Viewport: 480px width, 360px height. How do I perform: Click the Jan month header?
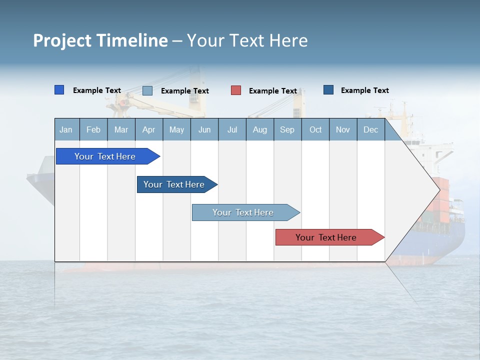pyautogui.click(x=66, y=129)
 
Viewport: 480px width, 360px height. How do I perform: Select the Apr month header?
pyautogui.click(x=149, y=129)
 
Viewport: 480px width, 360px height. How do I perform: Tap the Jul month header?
pyautogui.click(x=232, y=129)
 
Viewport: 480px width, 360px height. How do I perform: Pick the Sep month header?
pyautogui.click(x=287, y=129)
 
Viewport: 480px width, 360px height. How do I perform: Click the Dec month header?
pyautogui.click(x=370, y=129)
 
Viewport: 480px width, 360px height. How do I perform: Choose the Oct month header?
pyautogui.click(x=315, y=129)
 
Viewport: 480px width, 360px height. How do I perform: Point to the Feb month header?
pyautogui.click(x=93, y=129)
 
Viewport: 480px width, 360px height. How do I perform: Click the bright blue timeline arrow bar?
pyautogui.click(x=105, y=156)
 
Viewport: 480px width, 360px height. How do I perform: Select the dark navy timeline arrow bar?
pyautogui.click(x=174, y=184)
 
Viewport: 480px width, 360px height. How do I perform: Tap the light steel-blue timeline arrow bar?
pyautogui.click(x=243, y=212)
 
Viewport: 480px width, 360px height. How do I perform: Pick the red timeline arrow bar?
pyautogui.click(x=326, y=237)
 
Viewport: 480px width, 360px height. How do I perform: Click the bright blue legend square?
pyautogui.click(x=59, y=90)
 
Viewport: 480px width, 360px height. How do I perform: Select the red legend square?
pyautogui.click(x=236, y=90)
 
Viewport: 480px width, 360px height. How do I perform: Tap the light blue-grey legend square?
pyautogui.click(x=147, y=90)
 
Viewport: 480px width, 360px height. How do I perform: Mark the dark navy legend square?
pyautogui.click(x=328, y=90)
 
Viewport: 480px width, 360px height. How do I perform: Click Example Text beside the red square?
pyautogui.click(x=273, y=91)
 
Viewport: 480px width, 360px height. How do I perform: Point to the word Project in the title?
pyautogui.click(x=62, y=41)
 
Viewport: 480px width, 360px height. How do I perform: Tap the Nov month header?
pyautogui.click(x=343, y=129)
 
